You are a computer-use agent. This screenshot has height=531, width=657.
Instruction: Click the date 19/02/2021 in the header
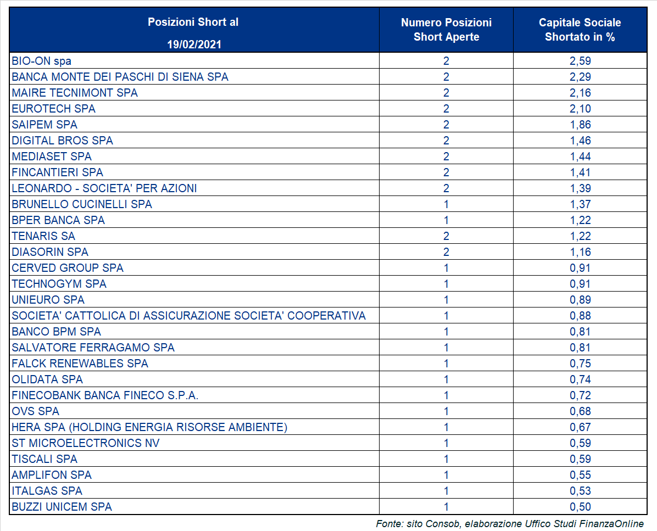coord(194,44)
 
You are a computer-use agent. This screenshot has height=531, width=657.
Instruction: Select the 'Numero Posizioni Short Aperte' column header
coord(446,30)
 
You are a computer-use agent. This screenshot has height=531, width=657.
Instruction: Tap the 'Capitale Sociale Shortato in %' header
coord(580,30)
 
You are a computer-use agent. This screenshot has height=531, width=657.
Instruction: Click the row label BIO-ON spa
coord(42,61)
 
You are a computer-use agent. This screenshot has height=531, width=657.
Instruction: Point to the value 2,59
coord(580,61)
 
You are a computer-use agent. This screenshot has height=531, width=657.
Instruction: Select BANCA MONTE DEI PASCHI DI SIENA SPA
coord(120,77)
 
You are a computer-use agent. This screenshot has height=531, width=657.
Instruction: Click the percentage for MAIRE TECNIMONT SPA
coord(580,93)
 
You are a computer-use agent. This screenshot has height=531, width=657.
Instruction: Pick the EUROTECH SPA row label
coord(54,109)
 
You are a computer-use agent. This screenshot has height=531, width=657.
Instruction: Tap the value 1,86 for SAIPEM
coord(580,125)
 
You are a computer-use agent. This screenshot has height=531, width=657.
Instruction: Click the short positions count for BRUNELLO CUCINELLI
coord(446,204)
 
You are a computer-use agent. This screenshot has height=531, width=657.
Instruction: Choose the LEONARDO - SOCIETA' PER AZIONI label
coord(104,188)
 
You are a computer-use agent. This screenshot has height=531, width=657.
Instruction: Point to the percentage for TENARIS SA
coord(580,236)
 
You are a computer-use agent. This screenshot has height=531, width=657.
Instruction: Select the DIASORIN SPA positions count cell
coord(446,252)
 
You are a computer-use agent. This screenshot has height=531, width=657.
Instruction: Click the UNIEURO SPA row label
coord(48,300)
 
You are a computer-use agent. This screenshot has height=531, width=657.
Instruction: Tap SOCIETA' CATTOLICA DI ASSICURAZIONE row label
coord(188,316)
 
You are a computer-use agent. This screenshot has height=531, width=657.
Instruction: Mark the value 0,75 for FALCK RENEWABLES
coord(580,364)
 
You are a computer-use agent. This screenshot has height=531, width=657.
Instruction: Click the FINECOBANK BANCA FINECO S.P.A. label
coord(105,395)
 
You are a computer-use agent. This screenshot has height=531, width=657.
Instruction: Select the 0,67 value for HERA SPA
coord(580,427)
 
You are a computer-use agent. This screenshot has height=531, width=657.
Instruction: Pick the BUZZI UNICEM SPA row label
coord(62,507)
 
